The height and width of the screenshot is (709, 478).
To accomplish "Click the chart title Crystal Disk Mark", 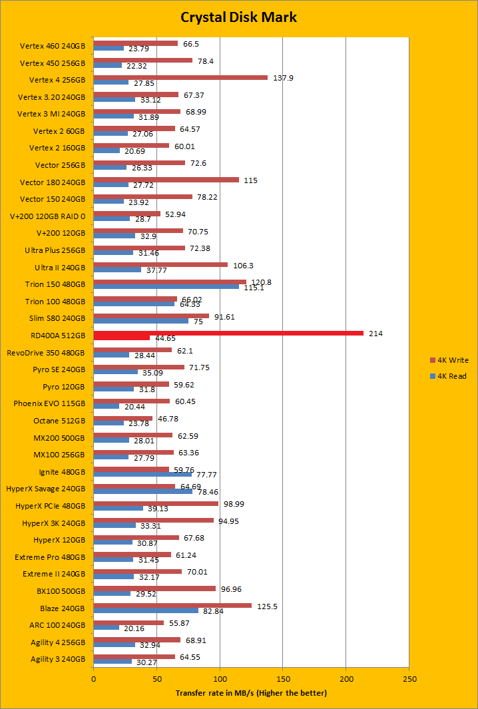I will [x=239, y=17].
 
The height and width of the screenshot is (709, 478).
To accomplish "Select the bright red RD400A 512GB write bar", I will [x=228, y=333].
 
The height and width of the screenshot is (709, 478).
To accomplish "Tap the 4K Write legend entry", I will [x=450, y=360].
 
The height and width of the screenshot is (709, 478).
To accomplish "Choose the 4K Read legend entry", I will [x=449, y=376].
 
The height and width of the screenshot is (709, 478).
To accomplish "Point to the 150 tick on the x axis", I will [x=283, y=678].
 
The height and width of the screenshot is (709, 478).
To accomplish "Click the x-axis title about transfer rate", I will [x=251, y=693].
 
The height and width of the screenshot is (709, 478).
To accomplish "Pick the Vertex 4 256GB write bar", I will [x=180, y=77].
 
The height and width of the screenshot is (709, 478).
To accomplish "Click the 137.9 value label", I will [x=283, y=78].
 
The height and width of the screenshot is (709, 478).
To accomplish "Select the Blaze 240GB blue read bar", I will [x=146, y=610].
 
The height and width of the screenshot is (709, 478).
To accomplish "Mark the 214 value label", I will [x=375, y=333].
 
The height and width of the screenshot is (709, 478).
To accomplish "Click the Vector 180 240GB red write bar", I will [x=166, y=180].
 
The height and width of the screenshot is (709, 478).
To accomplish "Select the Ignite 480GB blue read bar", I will [x=142, y=474].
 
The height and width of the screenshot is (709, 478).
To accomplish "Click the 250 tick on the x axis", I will [x=409, y=678].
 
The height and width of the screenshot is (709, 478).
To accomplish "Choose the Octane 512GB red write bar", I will [x=123, y=418].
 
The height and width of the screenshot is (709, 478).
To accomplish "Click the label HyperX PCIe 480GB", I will [x=50, y=506].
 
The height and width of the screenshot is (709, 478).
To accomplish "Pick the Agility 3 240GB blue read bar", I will [x=113, y=662].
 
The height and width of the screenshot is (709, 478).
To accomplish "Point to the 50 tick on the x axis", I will [x=157, y=678].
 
